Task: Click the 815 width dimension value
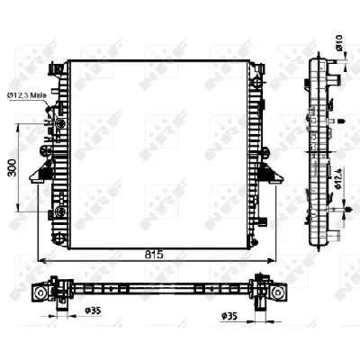point(154,255)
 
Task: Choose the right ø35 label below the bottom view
point(231,316)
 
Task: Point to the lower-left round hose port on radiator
point(59,212)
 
